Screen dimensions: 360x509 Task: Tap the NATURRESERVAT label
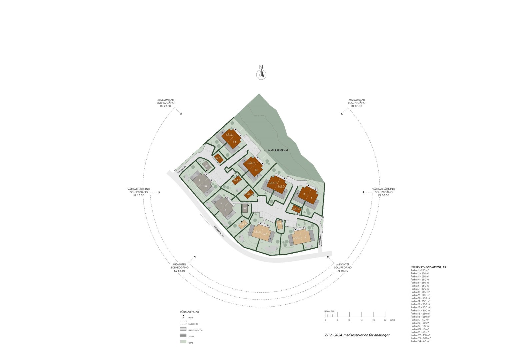(x=278, y=150)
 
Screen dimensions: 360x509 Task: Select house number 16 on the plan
(x=235, y=142)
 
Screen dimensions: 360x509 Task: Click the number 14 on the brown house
(x=256, y=170)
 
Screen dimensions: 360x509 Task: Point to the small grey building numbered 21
(x=207, y=165)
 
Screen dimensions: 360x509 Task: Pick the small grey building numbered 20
(x=245, y=208)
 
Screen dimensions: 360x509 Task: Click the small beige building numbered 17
(x=279, y=224)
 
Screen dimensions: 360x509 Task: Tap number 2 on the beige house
(x=305, y=237)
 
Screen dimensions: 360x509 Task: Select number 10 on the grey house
(x=205, y=186)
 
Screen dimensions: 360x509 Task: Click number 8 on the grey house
(x=225, y=210)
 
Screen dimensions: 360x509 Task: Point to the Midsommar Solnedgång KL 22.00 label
(x=166, y=103)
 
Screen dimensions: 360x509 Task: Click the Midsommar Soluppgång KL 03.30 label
(x=356, y=103)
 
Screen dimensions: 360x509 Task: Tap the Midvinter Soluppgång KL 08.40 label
(x=343, y=267)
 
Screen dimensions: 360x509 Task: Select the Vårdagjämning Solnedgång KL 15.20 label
(x=139, y=192)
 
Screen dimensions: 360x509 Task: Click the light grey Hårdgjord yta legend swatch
(x=183, y=329)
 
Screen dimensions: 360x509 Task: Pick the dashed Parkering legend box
(x=183, y=323)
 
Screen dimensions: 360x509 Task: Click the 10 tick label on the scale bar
(x=349, y=320)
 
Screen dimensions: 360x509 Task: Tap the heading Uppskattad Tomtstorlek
(x=428, y=267)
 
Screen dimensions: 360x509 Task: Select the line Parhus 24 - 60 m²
(x=420, y=341)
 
